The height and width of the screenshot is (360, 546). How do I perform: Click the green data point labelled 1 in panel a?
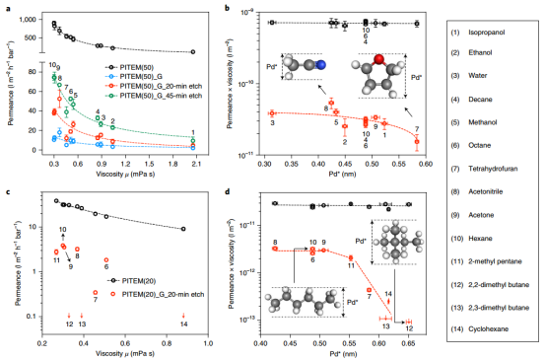[x=193, y=139]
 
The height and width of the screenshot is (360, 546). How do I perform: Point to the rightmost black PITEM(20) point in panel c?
[x=184, y=229]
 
